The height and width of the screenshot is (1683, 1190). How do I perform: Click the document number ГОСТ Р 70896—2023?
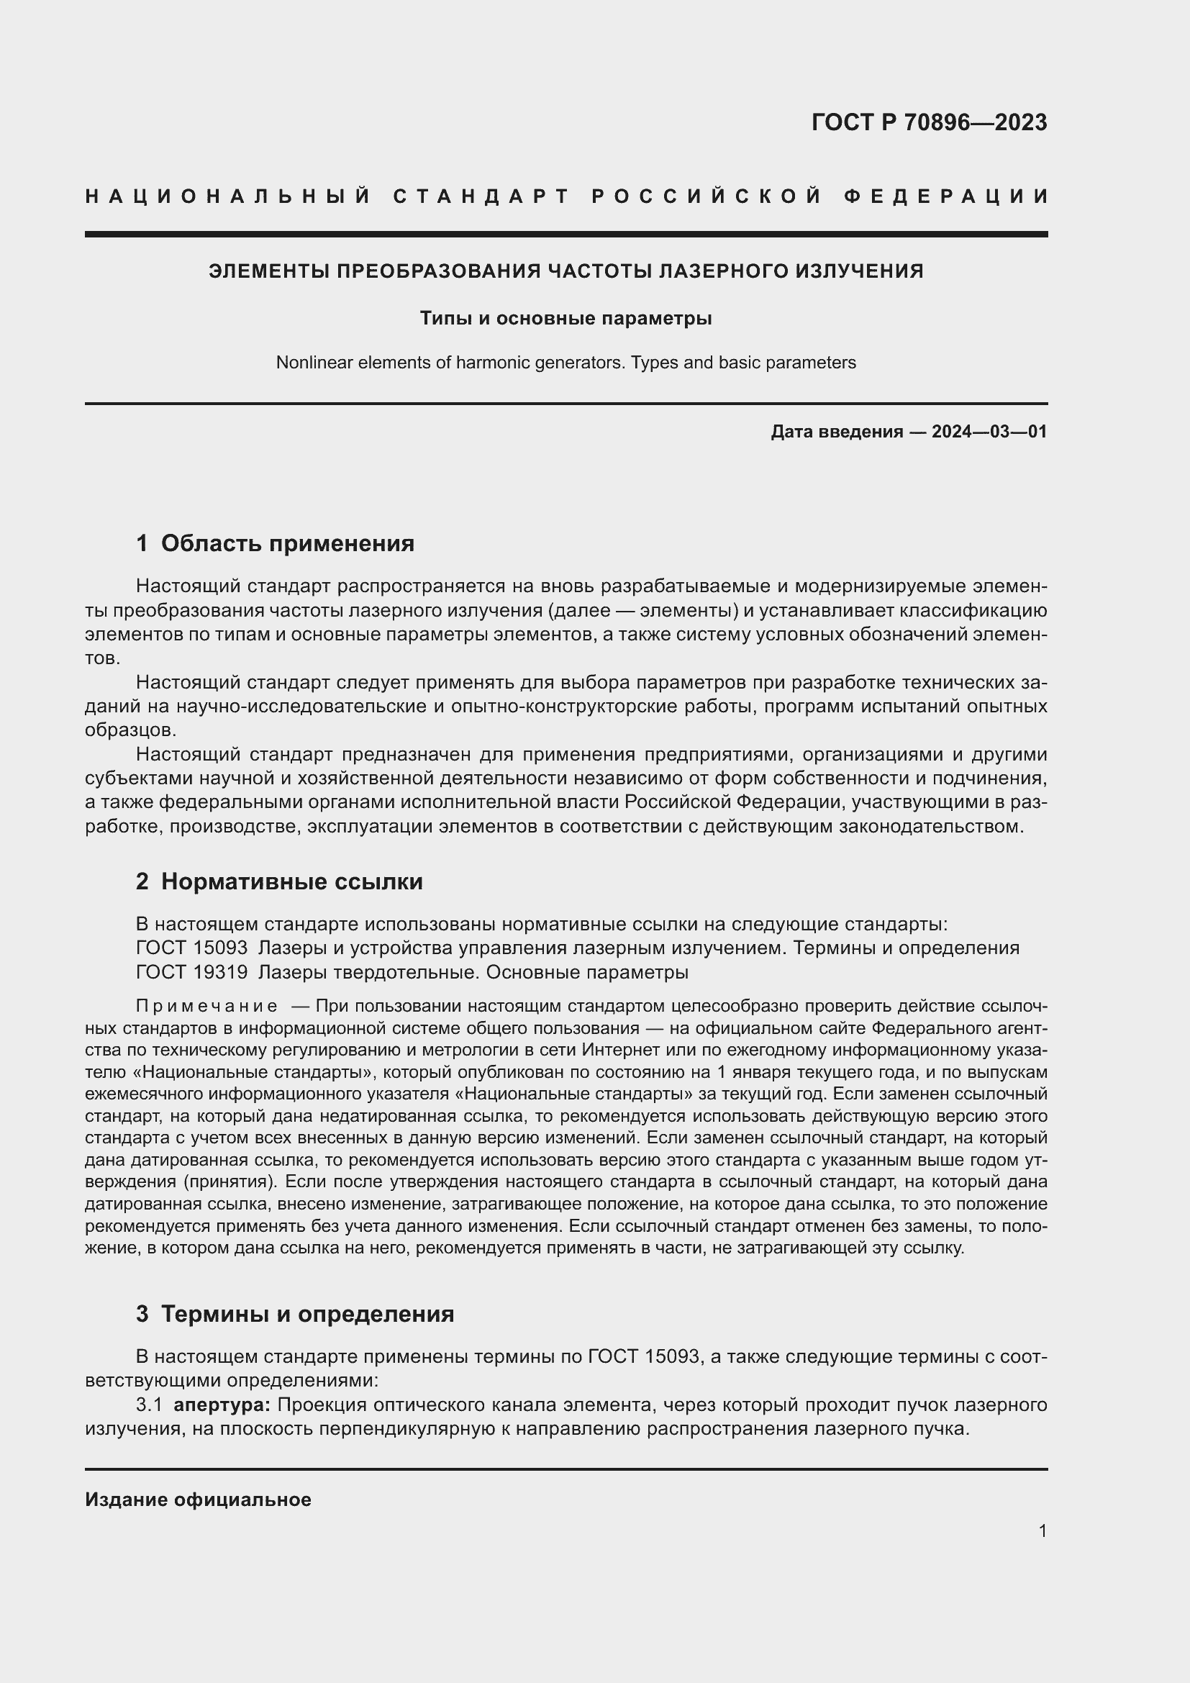(x=928, y=122)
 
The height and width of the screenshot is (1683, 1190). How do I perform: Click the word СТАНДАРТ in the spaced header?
(x=481, y=196)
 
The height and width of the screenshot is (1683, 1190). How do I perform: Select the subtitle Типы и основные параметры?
(x=566, y=318)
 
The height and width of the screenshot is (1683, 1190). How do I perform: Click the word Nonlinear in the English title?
(x=309, y=363)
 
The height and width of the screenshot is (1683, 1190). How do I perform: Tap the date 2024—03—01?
(x=989, y=432)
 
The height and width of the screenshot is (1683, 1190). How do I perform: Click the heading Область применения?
(x=287, y=543)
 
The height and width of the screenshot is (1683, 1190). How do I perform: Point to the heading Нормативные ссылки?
(x=291, y=881)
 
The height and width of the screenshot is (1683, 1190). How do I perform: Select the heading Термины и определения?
(x=307, y=1315)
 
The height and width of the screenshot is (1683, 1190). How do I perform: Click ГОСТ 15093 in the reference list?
(x=192, y=948)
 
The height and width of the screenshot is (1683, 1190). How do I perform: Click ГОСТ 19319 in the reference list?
(x=192, y=972)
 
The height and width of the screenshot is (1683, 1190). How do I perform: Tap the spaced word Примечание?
(x=206, y=1006)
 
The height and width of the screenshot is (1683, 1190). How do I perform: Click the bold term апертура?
(x=222, y=1405)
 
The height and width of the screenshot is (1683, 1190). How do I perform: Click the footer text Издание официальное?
(x=198, y=1500)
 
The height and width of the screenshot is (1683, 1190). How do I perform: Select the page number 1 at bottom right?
(x=1042, y=1531)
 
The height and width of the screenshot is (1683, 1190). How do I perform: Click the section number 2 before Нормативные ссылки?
(x=142, y=881)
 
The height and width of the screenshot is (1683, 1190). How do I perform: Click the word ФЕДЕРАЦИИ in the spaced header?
(x=945, y=196)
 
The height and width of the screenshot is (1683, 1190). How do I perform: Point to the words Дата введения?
(x=836, y=432)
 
